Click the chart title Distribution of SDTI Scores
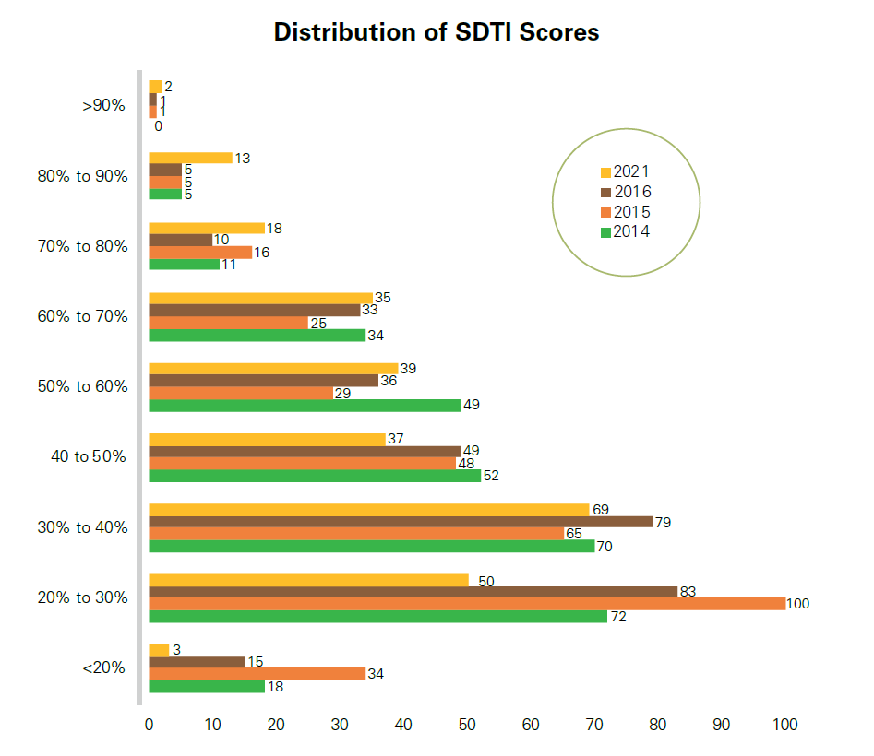pyautogui.click(x=437, y=32)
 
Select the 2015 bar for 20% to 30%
pyautogui.click(x=466, y=603)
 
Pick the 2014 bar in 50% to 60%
pyautogui.click(x=305, y=405)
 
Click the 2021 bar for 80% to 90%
pyautogui.click(x=190, y=158)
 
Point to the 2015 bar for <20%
pyautogui.click(x=257, y=674)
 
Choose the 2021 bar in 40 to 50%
pyautogui.click(x=267, y=439)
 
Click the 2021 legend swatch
pyautogui.click(x=605, y=172)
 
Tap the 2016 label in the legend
pyautogui.click(x=632, y=192)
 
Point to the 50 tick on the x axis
pyautogui.click(x=466, y=726)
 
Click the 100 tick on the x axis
pyautogui.click(x=784, y=726)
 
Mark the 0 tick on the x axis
pyautogui.click(x=149, y=726)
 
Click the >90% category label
pyautogui.click(x=103, y=105)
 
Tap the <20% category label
pyautogui.click(x=103, y=667)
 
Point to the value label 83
pyautogui.click(x=688, y=592)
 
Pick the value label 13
pyautogui.click(x=243, y=159)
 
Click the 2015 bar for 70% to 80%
pyautogui.click(x=199, y=252)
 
